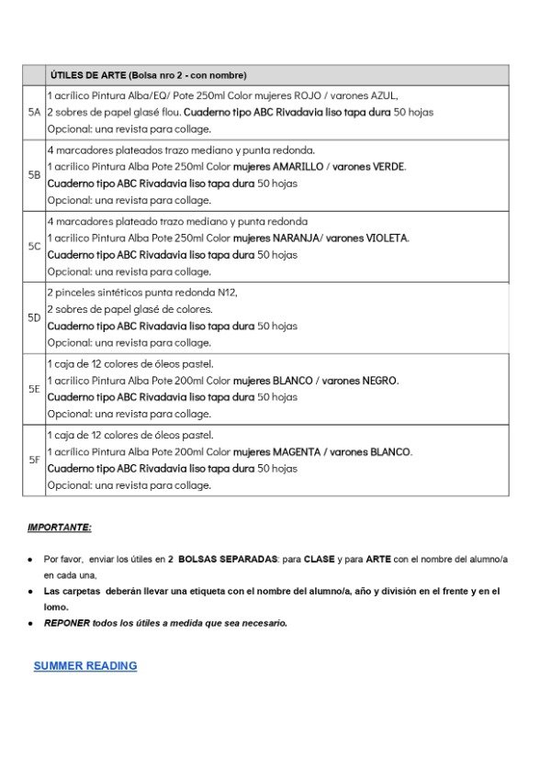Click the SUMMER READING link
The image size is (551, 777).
(x=85, y=666)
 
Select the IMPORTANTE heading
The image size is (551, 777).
(x=60, y=527)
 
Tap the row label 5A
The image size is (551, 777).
(x=34, y=112)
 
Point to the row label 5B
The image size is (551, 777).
(x=34, y=174)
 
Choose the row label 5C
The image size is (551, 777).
(x=34, y=246)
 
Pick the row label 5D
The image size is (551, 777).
(x=34, y=317)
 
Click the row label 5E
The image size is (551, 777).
(x=34, y=389)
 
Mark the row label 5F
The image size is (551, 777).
(x=34, y=460)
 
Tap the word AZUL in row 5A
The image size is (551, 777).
(x=382, y=95)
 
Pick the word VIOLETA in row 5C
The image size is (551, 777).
(x=389, y=239)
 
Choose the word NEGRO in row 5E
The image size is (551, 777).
(x=381, y=381)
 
